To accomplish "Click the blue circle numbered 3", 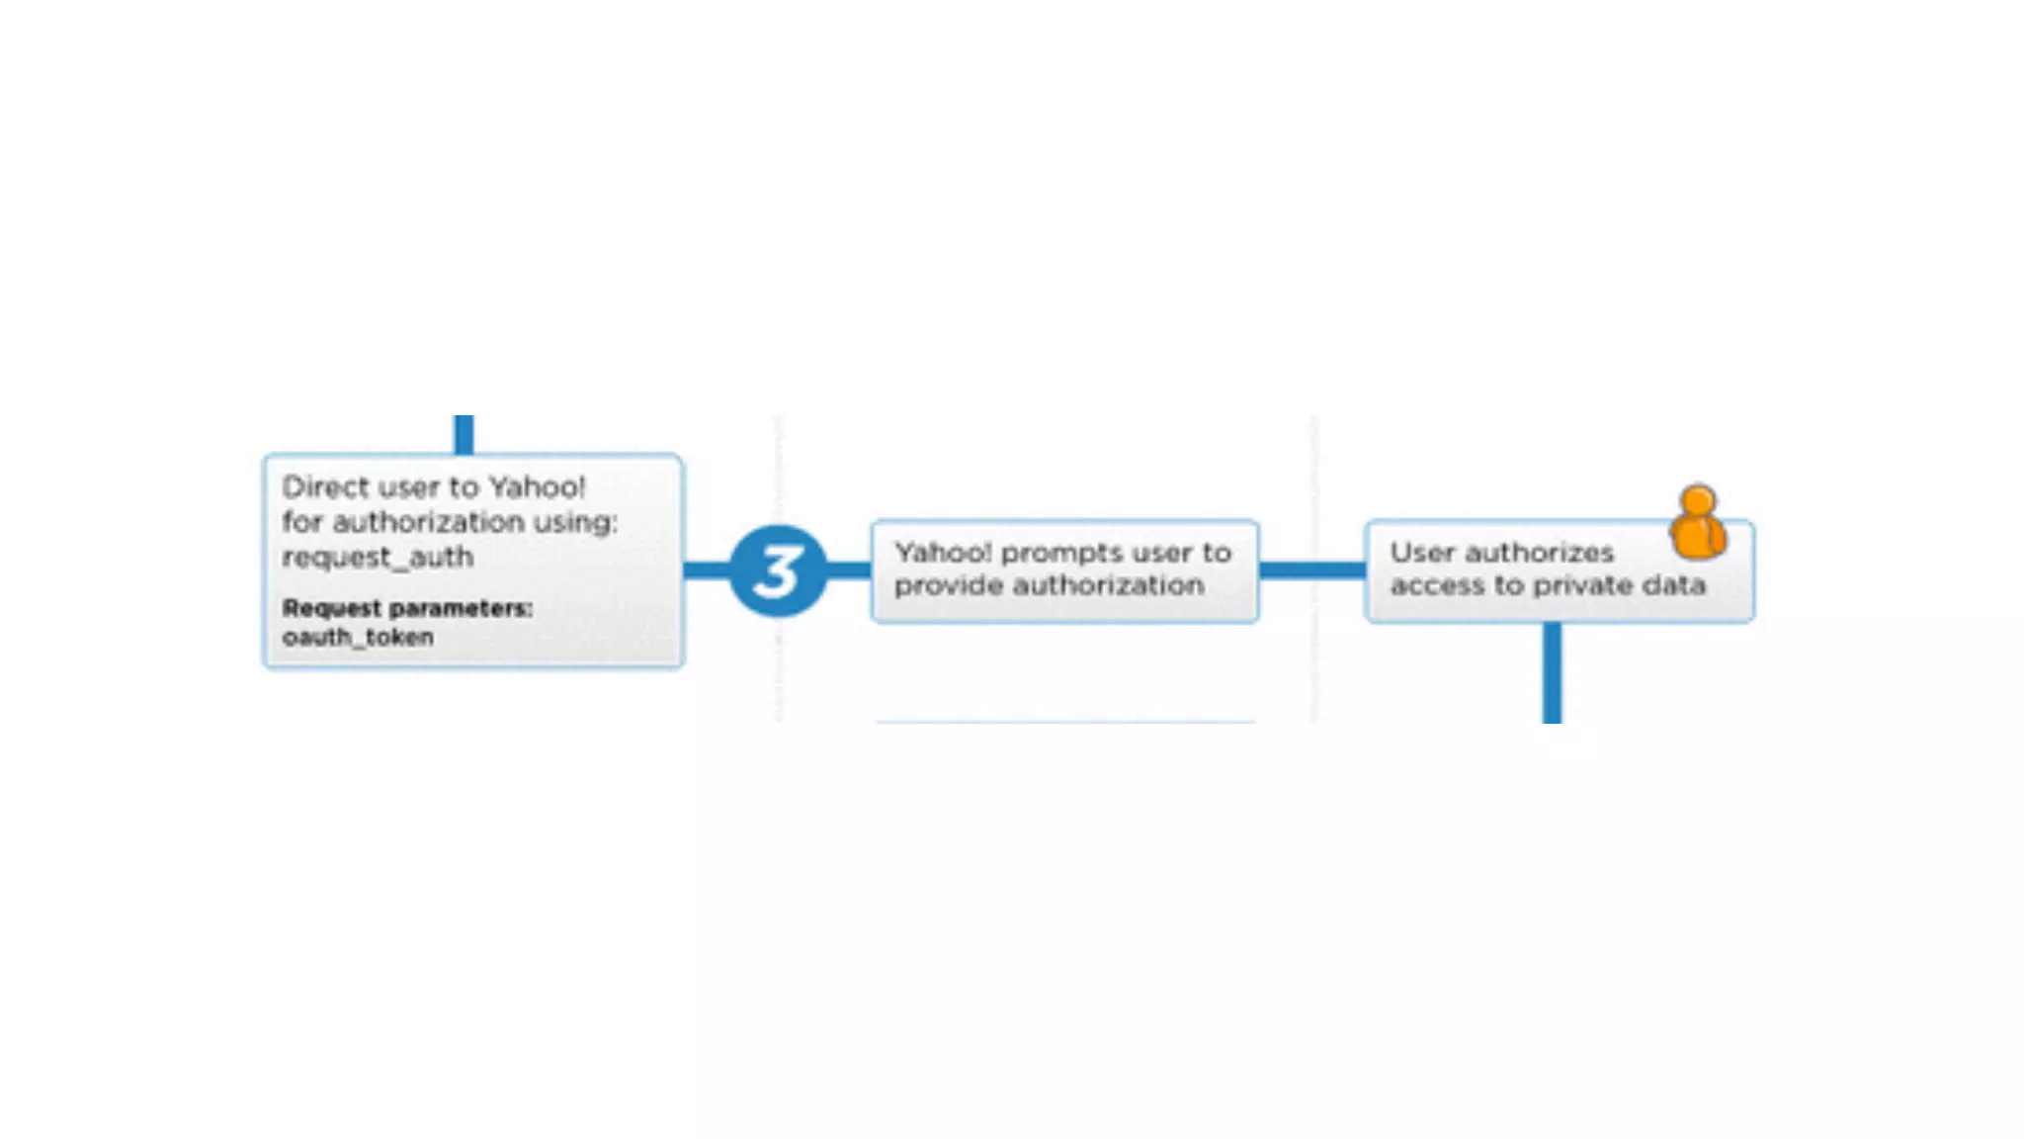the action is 778,570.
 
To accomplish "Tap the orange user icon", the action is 1698,523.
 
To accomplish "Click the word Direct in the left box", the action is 325,487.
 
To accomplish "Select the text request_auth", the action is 378,558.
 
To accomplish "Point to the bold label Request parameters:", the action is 407,608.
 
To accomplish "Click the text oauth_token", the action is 358,638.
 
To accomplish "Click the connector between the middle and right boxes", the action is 1311,570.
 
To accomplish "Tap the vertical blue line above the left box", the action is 464,434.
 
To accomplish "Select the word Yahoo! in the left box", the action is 538,487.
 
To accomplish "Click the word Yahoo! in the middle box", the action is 942,553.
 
